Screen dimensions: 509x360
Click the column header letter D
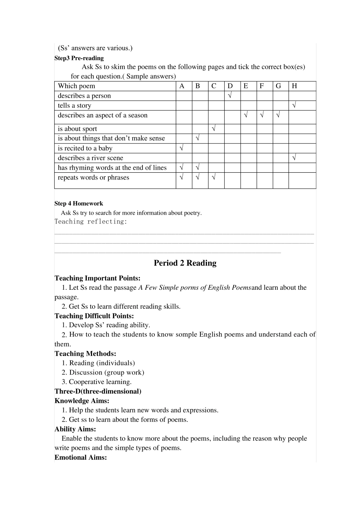[230, 86]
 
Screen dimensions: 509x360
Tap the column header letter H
[294, 86]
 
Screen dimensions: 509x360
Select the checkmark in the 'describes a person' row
[230, 96]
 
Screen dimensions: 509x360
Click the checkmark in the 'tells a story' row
[294, 106]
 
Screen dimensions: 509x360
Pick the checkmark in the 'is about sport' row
[214, 129]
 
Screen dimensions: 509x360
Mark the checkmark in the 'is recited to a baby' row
[182, 148]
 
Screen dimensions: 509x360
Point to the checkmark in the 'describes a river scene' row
[294, 158]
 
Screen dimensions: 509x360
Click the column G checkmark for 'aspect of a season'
[278, 115]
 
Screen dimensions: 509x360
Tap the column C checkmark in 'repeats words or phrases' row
[214, 177]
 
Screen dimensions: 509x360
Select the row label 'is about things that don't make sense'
[111, 138]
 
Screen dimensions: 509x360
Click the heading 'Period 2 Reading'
[185, 263]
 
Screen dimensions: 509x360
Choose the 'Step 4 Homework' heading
[78, 203]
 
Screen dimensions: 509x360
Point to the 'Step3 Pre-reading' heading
[79, 58]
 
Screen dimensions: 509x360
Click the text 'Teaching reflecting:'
[91, 222]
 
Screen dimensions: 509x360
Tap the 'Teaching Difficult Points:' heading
[94, 316]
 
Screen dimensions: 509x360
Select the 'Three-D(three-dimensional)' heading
[98, 391]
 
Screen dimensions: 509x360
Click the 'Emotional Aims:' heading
[81, 457]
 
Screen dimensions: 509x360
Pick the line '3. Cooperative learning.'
[97, 382]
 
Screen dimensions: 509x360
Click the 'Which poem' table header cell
[77, 86]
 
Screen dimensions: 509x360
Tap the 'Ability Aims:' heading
[75, 429]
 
